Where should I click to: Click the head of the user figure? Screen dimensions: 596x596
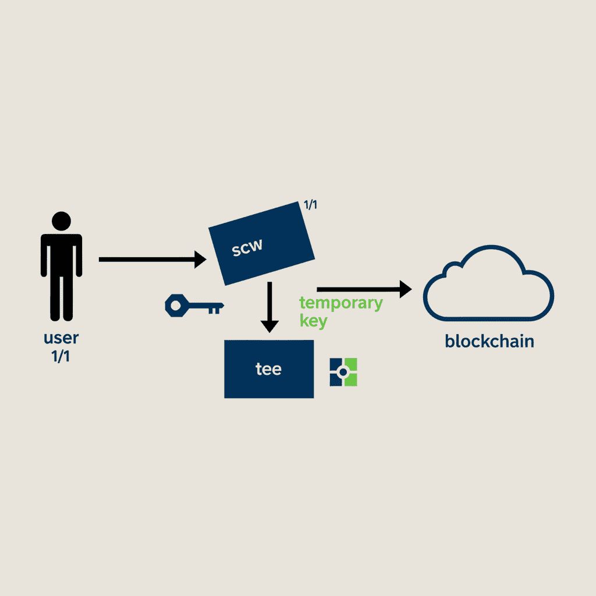(x=61, y=221)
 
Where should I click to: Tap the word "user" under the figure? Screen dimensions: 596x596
(x=61, y=338)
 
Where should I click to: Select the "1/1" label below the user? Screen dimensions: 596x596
(x=61, y=356)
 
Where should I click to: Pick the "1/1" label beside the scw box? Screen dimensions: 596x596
(x=310, y=205)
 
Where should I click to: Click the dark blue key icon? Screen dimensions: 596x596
(x=194, y=304)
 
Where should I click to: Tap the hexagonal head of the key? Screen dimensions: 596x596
(x=176, y=304)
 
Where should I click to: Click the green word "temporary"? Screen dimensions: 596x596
(x=340, y=303)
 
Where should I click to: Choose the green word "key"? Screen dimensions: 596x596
(x=313, y=321)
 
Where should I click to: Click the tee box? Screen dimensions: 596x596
(x=268, y=369)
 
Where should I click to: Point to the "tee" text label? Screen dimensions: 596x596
(x=268, y=369)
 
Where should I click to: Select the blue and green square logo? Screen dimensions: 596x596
(x=343, y=372)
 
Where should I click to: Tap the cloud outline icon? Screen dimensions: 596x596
(x=488, y=283)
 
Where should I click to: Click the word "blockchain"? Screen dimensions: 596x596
(x=489, y=340)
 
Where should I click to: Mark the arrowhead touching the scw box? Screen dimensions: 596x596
(x=199, y=259)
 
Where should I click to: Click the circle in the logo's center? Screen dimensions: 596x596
(x=343, y=372)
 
